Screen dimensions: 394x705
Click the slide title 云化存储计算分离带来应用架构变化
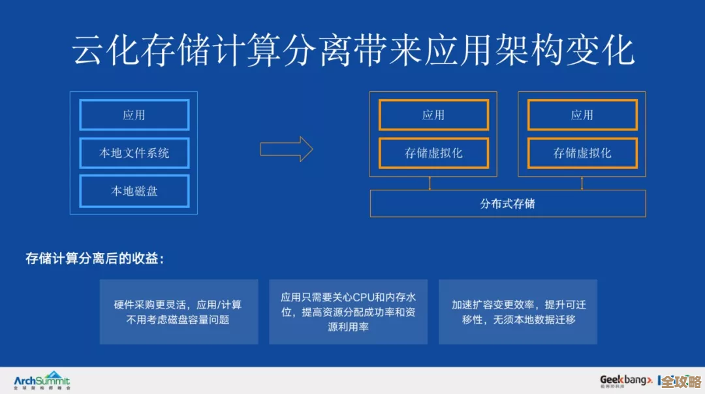[352, 51]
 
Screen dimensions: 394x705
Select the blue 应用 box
[134, 115]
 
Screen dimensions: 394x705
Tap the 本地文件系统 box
[134, 153]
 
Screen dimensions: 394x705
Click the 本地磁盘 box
[134, 191]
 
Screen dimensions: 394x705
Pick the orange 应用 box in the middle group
[433, 115]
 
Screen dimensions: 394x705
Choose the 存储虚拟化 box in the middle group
[433, 153]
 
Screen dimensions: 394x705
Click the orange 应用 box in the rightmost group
[582, 115]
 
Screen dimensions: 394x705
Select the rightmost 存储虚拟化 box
[582, 153]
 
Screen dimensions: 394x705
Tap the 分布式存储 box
[507, 204]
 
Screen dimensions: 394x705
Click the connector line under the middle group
[430, 183]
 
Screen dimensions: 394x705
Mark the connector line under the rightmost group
[578, 183]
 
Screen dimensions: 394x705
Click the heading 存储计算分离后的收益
[95, 258]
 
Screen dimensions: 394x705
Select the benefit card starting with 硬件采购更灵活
[178, 312]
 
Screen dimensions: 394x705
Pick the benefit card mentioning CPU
[348, 312]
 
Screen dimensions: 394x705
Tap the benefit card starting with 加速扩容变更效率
[518, 312]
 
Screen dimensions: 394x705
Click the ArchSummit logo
[42, 380]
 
